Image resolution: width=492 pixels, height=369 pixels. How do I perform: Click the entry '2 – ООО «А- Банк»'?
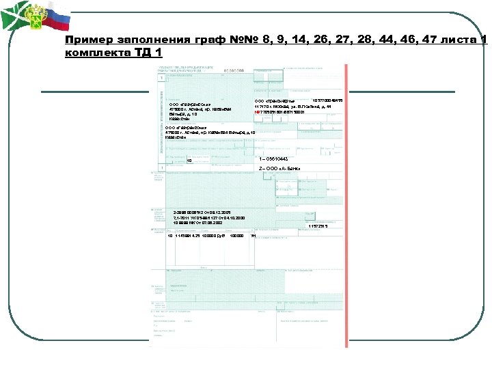pos(279,168)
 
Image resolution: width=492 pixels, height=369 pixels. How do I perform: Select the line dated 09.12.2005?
pos(202,213)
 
